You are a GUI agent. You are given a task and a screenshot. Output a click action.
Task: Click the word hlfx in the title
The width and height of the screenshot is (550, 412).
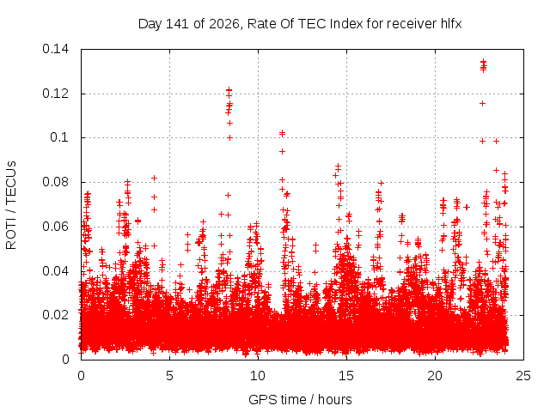[451, 24]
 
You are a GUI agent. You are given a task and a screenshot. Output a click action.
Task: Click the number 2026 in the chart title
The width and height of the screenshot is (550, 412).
[224, 24]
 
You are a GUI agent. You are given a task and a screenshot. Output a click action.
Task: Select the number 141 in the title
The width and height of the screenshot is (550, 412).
[178, 24]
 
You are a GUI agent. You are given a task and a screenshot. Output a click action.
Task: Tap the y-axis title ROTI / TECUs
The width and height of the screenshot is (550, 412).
[11, 205]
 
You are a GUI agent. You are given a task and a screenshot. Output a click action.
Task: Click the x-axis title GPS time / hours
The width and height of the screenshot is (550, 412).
[300, 399]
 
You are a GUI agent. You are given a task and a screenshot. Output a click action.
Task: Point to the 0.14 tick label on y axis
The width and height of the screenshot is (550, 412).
[55, 49]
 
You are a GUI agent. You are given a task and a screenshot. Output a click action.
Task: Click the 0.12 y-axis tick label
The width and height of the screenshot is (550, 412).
[55, 94]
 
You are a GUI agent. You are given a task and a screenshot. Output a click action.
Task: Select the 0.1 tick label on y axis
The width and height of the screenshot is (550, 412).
[59, 137]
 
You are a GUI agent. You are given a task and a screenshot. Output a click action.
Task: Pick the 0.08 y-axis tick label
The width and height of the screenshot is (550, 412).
[55, 182]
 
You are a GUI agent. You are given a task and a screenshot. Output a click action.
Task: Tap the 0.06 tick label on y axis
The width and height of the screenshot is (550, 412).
[55, 227]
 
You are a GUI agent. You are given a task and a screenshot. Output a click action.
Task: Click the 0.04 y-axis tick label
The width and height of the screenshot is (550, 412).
[55, 271]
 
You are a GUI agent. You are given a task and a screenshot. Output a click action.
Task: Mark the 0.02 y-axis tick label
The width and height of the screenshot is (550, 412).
[55, 315]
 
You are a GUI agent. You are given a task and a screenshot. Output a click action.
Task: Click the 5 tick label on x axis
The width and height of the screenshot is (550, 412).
[170, 376]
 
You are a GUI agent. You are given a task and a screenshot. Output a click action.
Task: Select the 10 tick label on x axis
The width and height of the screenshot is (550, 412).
[258, 376]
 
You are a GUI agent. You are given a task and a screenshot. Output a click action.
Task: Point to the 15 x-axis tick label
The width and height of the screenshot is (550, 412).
[346, 376]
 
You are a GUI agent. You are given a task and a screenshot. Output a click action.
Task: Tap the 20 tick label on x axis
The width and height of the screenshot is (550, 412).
[435, 376]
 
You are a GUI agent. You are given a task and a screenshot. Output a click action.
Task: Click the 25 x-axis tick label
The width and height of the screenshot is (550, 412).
[523, 376]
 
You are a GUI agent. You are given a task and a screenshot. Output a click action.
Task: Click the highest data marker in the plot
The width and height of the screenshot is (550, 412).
[483, 62]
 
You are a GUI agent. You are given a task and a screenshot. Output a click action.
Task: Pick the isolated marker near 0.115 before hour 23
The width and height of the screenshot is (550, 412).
[483, 103]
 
